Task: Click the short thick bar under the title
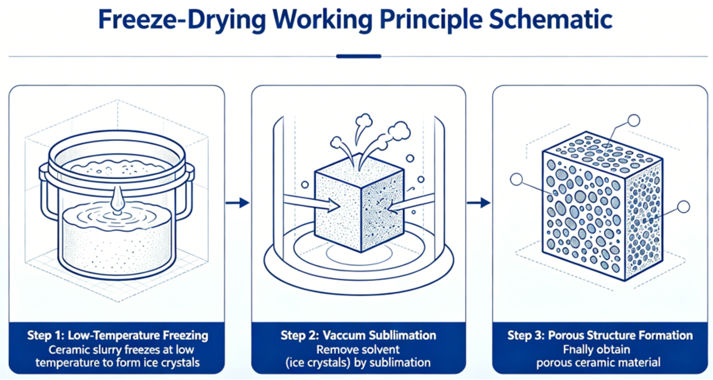tap(359, 56)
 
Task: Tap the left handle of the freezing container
tap(45, 191)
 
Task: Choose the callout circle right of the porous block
tap(684, 207)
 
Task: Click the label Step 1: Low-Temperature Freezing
tap(118, 335)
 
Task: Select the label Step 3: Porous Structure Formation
tap(600, 335)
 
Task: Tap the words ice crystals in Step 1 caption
tap(171, 363)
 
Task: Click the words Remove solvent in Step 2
tap(358, 349)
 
